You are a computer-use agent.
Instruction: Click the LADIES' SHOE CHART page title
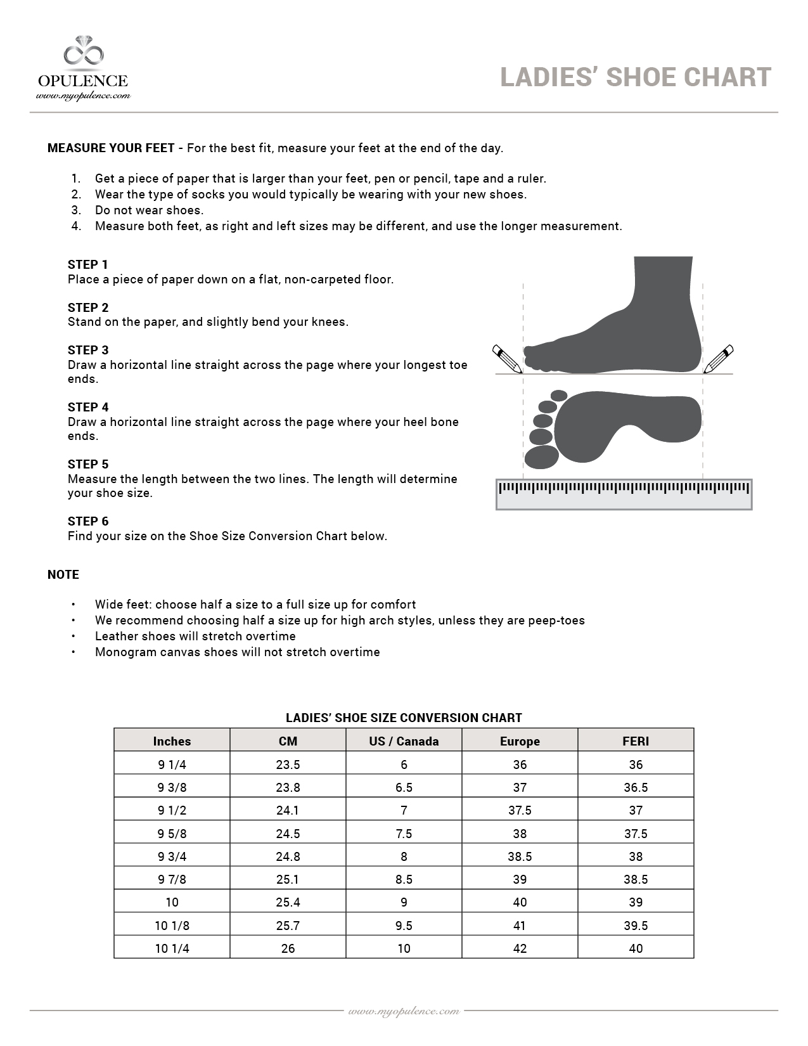pyautogui.click(x=636, y=77)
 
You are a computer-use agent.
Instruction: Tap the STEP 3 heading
pyautogui.click(x=88, y=350)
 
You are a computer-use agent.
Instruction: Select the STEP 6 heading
pyautogui.click(x=88, y=521)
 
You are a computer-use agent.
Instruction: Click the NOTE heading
pyautogui.click(x=63, y=574)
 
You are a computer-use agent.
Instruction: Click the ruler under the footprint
pyautogui.click(x=624, y=494)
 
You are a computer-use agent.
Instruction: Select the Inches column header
pyautogui.click(x=172, y=741)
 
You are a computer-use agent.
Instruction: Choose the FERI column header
pyautogui.click(x=636, y=741)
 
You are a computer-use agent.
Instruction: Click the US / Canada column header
pyautogui.click(x=404, y=741)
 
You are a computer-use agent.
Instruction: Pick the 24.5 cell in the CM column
pyautogui.click(x=288, y=834)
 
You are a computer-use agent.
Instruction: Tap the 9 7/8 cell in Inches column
pyautogui.click(x=172, y=879)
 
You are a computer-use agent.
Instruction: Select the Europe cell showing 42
pyautogui.click(x=520, y=948)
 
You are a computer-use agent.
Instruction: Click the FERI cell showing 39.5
pyautogui.click(x=636, y=926)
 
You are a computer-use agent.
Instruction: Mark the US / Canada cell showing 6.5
pyautogui.click(x=404, y=787)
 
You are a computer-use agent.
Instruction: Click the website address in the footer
pyautogui.click(x=404, y=1010)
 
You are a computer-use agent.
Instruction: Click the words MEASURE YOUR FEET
pyautogui.click(x=111, y=148)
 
